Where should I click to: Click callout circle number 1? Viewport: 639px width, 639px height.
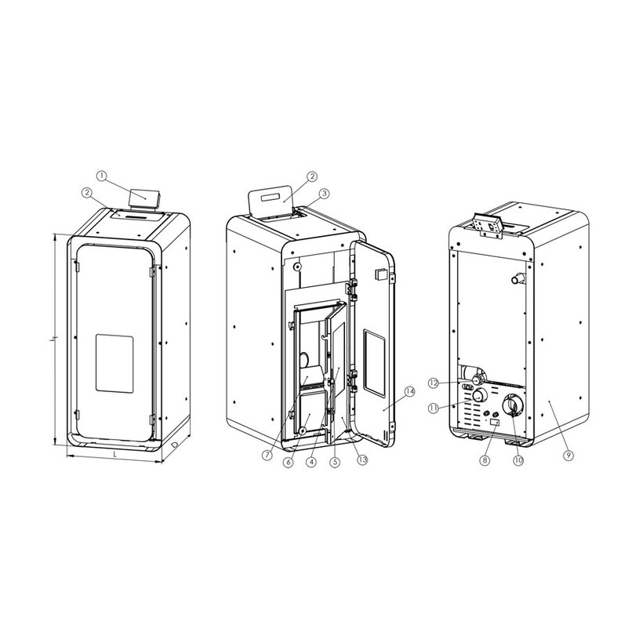(102, 176)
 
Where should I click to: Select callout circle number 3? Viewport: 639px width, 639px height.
(324, 194)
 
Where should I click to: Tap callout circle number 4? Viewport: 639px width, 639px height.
(311, 462)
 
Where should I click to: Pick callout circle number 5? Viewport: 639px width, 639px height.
(335, 462)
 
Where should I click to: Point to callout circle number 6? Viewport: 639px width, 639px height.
(289, 462)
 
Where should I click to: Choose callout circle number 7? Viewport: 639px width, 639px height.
(267, 455)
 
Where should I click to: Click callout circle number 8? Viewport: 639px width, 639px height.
(485, 460)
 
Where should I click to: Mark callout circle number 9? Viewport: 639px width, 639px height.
(568, 455)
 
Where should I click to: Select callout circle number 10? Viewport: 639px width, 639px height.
(518, 460)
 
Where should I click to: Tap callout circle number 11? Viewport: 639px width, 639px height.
(434, 408)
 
